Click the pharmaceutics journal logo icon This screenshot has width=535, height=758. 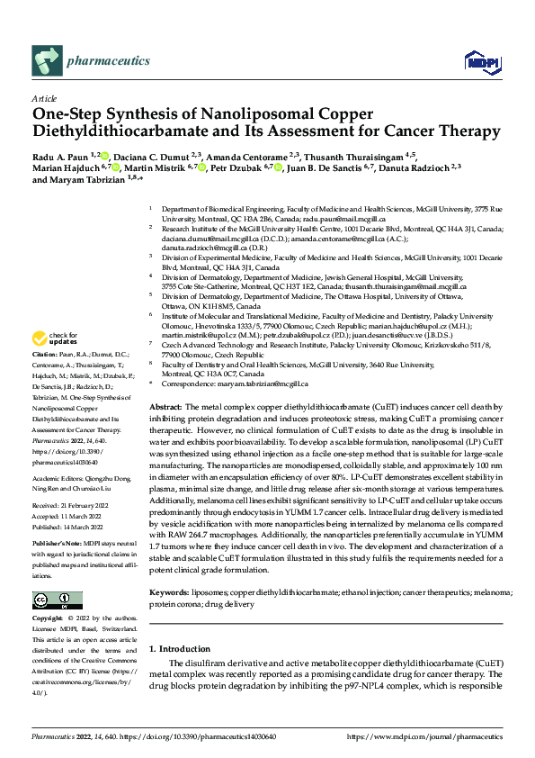pos(46,61)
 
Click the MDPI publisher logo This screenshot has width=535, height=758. pos(476,61)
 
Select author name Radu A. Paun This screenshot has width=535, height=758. pos(62,156)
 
